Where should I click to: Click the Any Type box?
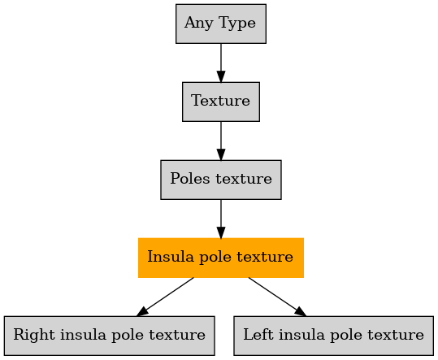[x=221, y=24]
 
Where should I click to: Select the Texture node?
[x=221, y=102]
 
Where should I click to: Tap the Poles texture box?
[x=221, y=180]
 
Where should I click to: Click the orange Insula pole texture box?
[x=221, y=258]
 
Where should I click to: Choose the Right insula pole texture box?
[x=109, y=336]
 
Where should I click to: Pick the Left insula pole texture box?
[x=333, y=336]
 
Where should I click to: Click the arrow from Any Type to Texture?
[x=221, y=63]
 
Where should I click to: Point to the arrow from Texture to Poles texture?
[x=221, y=141]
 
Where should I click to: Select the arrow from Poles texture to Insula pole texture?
[x=221, y=219]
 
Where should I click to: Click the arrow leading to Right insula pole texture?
[x=165, y=297]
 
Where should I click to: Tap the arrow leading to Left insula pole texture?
[x=277, y=297]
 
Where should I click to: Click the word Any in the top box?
[x=198, y=24]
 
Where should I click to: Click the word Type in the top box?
[x=237, y=24]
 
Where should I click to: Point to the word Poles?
[x=190, y=179]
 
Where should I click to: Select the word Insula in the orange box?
[x=171, y=257]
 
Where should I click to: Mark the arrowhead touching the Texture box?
[x=221, y=77]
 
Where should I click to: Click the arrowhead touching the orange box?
[x=221, y=232]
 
